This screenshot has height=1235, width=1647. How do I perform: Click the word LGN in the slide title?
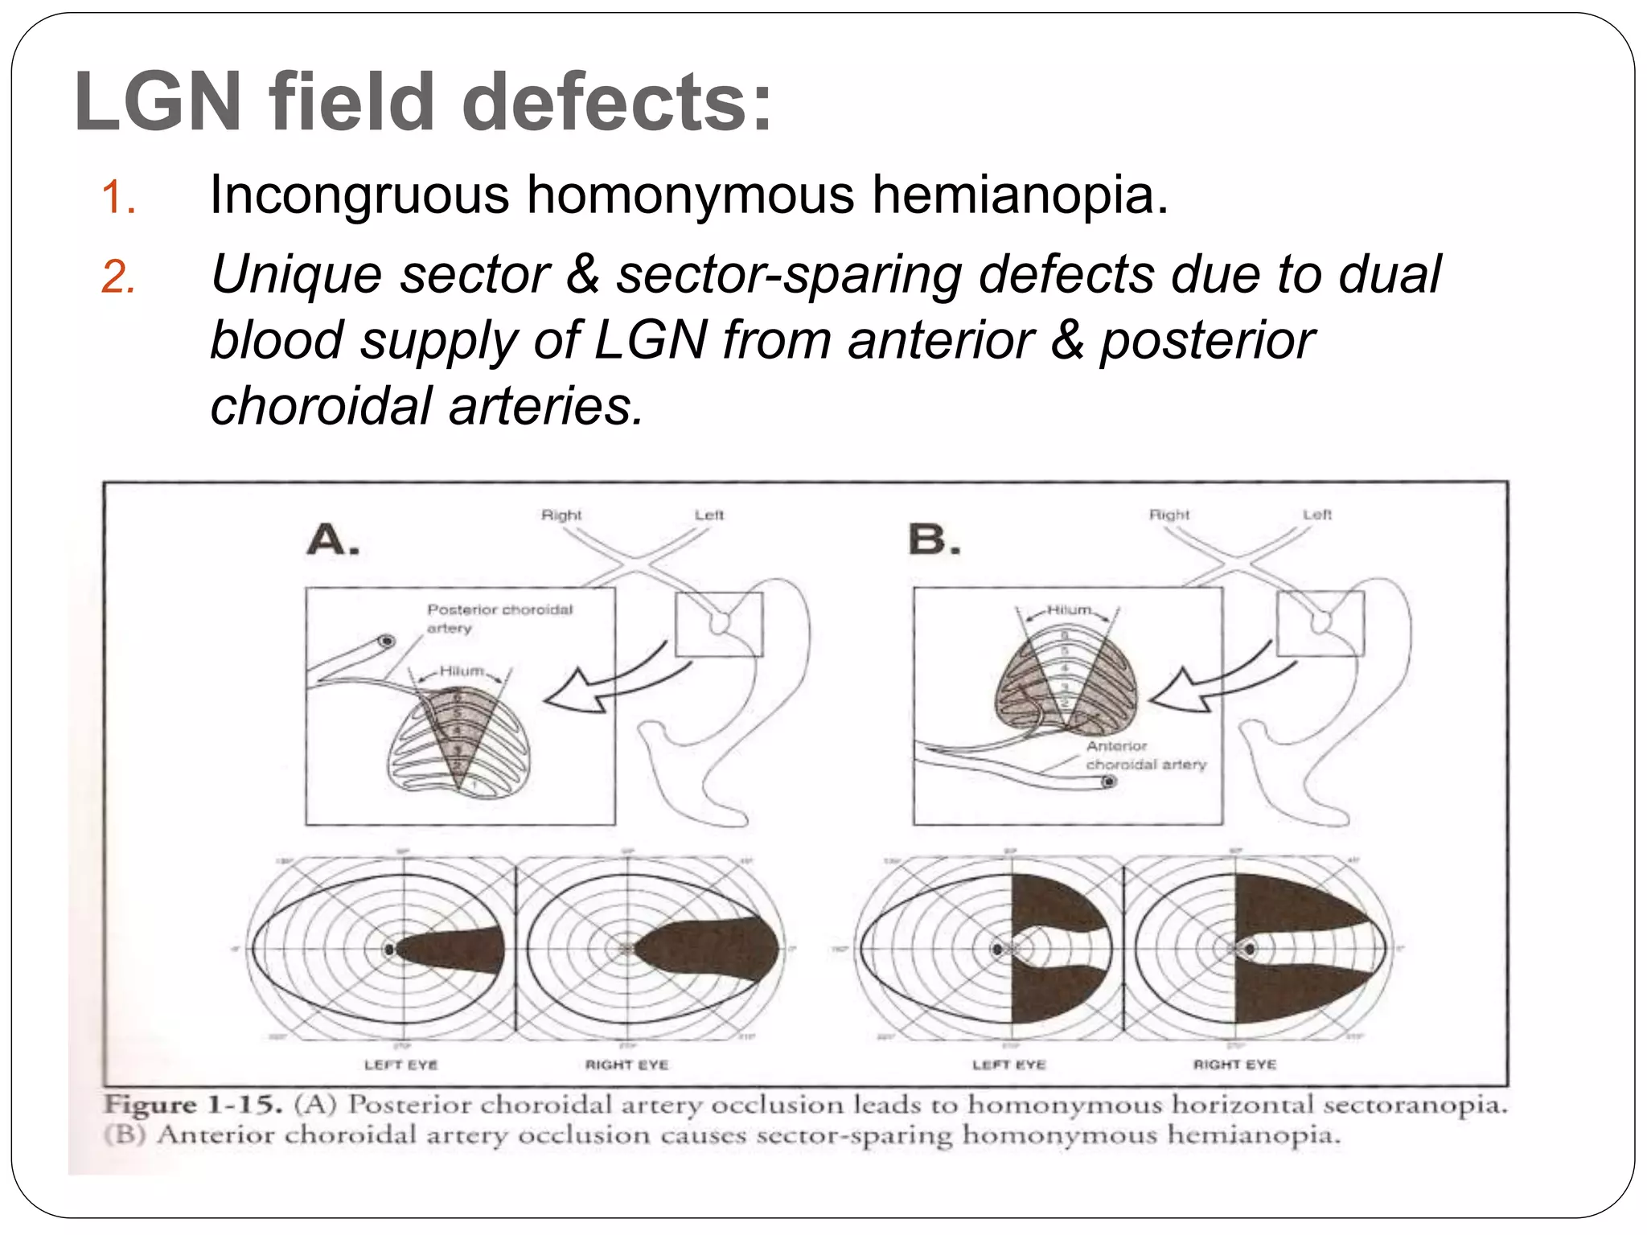pyautogui.click(x=158, y=102)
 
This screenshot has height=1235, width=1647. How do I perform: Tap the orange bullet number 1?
pyautogui.click(x=118, y=198)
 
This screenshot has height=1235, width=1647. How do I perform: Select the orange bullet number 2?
pyautogui.click(x=118, y=278)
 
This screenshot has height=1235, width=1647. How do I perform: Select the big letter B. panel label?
pyautogui.click(x=934, y=540)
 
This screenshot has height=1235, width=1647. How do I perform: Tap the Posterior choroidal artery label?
pyautogui.click(x=499, y=618)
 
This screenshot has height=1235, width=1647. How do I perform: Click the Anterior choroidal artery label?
pyautogui.click(x=1145, y=755)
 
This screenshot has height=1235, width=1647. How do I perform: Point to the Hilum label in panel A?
pyautogui.click(x=462, y=671)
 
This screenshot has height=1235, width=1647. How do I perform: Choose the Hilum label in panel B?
pyautogui.click(x=1069, y=610)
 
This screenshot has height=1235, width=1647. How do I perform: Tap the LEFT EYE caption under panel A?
pyautogui.click(x=400, y=1065)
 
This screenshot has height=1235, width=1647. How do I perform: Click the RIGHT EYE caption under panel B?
pyautogui.click(x=1234, y=1065)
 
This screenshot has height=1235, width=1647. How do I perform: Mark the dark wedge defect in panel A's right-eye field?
pyautogui.click(x=708, y=949)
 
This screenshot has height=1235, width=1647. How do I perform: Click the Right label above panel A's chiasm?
pyautogui.click(x=561, y=515)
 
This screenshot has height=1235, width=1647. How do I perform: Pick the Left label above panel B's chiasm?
pyautogui.click(x=1317, y=515)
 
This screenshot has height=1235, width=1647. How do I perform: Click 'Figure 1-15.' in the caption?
pyautogui.click(x=193, y=1105)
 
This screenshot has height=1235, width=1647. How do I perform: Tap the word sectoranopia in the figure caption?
pyautogui.click(x=1415, y=1105)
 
